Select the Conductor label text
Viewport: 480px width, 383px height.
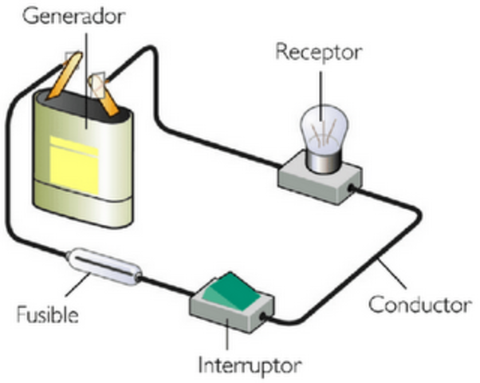[x=414, y=304]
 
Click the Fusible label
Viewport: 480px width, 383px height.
[x=47, y=314]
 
